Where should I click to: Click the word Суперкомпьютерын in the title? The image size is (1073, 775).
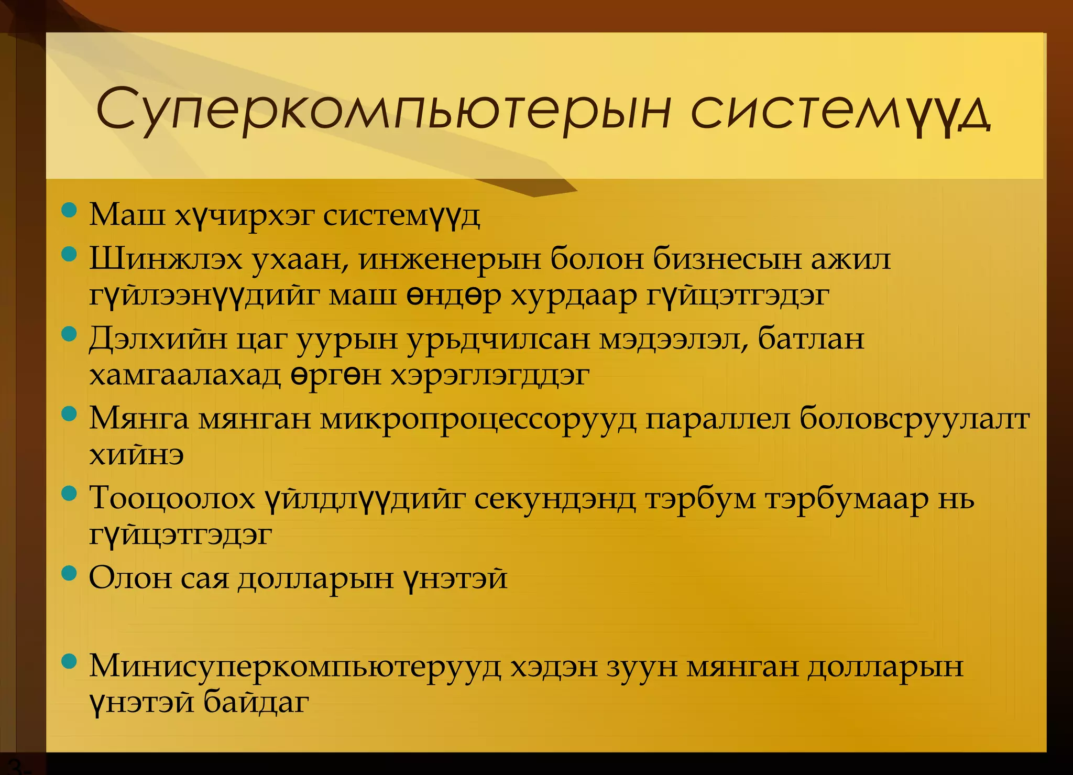[383, 111]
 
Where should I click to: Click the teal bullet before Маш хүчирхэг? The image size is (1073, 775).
[69, 211]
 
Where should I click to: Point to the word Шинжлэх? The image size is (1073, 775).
[166, 259]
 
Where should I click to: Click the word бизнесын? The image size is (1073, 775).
[728, 259]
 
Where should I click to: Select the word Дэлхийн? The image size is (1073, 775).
[158, 339]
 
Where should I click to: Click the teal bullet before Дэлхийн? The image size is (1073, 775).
[69, 334]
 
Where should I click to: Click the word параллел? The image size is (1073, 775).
[717, 419]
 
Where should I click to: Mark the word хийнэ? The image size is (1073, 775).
[136, 455]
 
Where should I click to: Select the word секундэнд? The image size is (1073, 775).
[555, 498]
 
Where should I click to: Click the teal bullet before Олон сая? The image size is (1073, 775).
[69, 573]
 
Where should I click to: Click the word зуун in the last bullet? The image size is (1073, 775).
[642, 667]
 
